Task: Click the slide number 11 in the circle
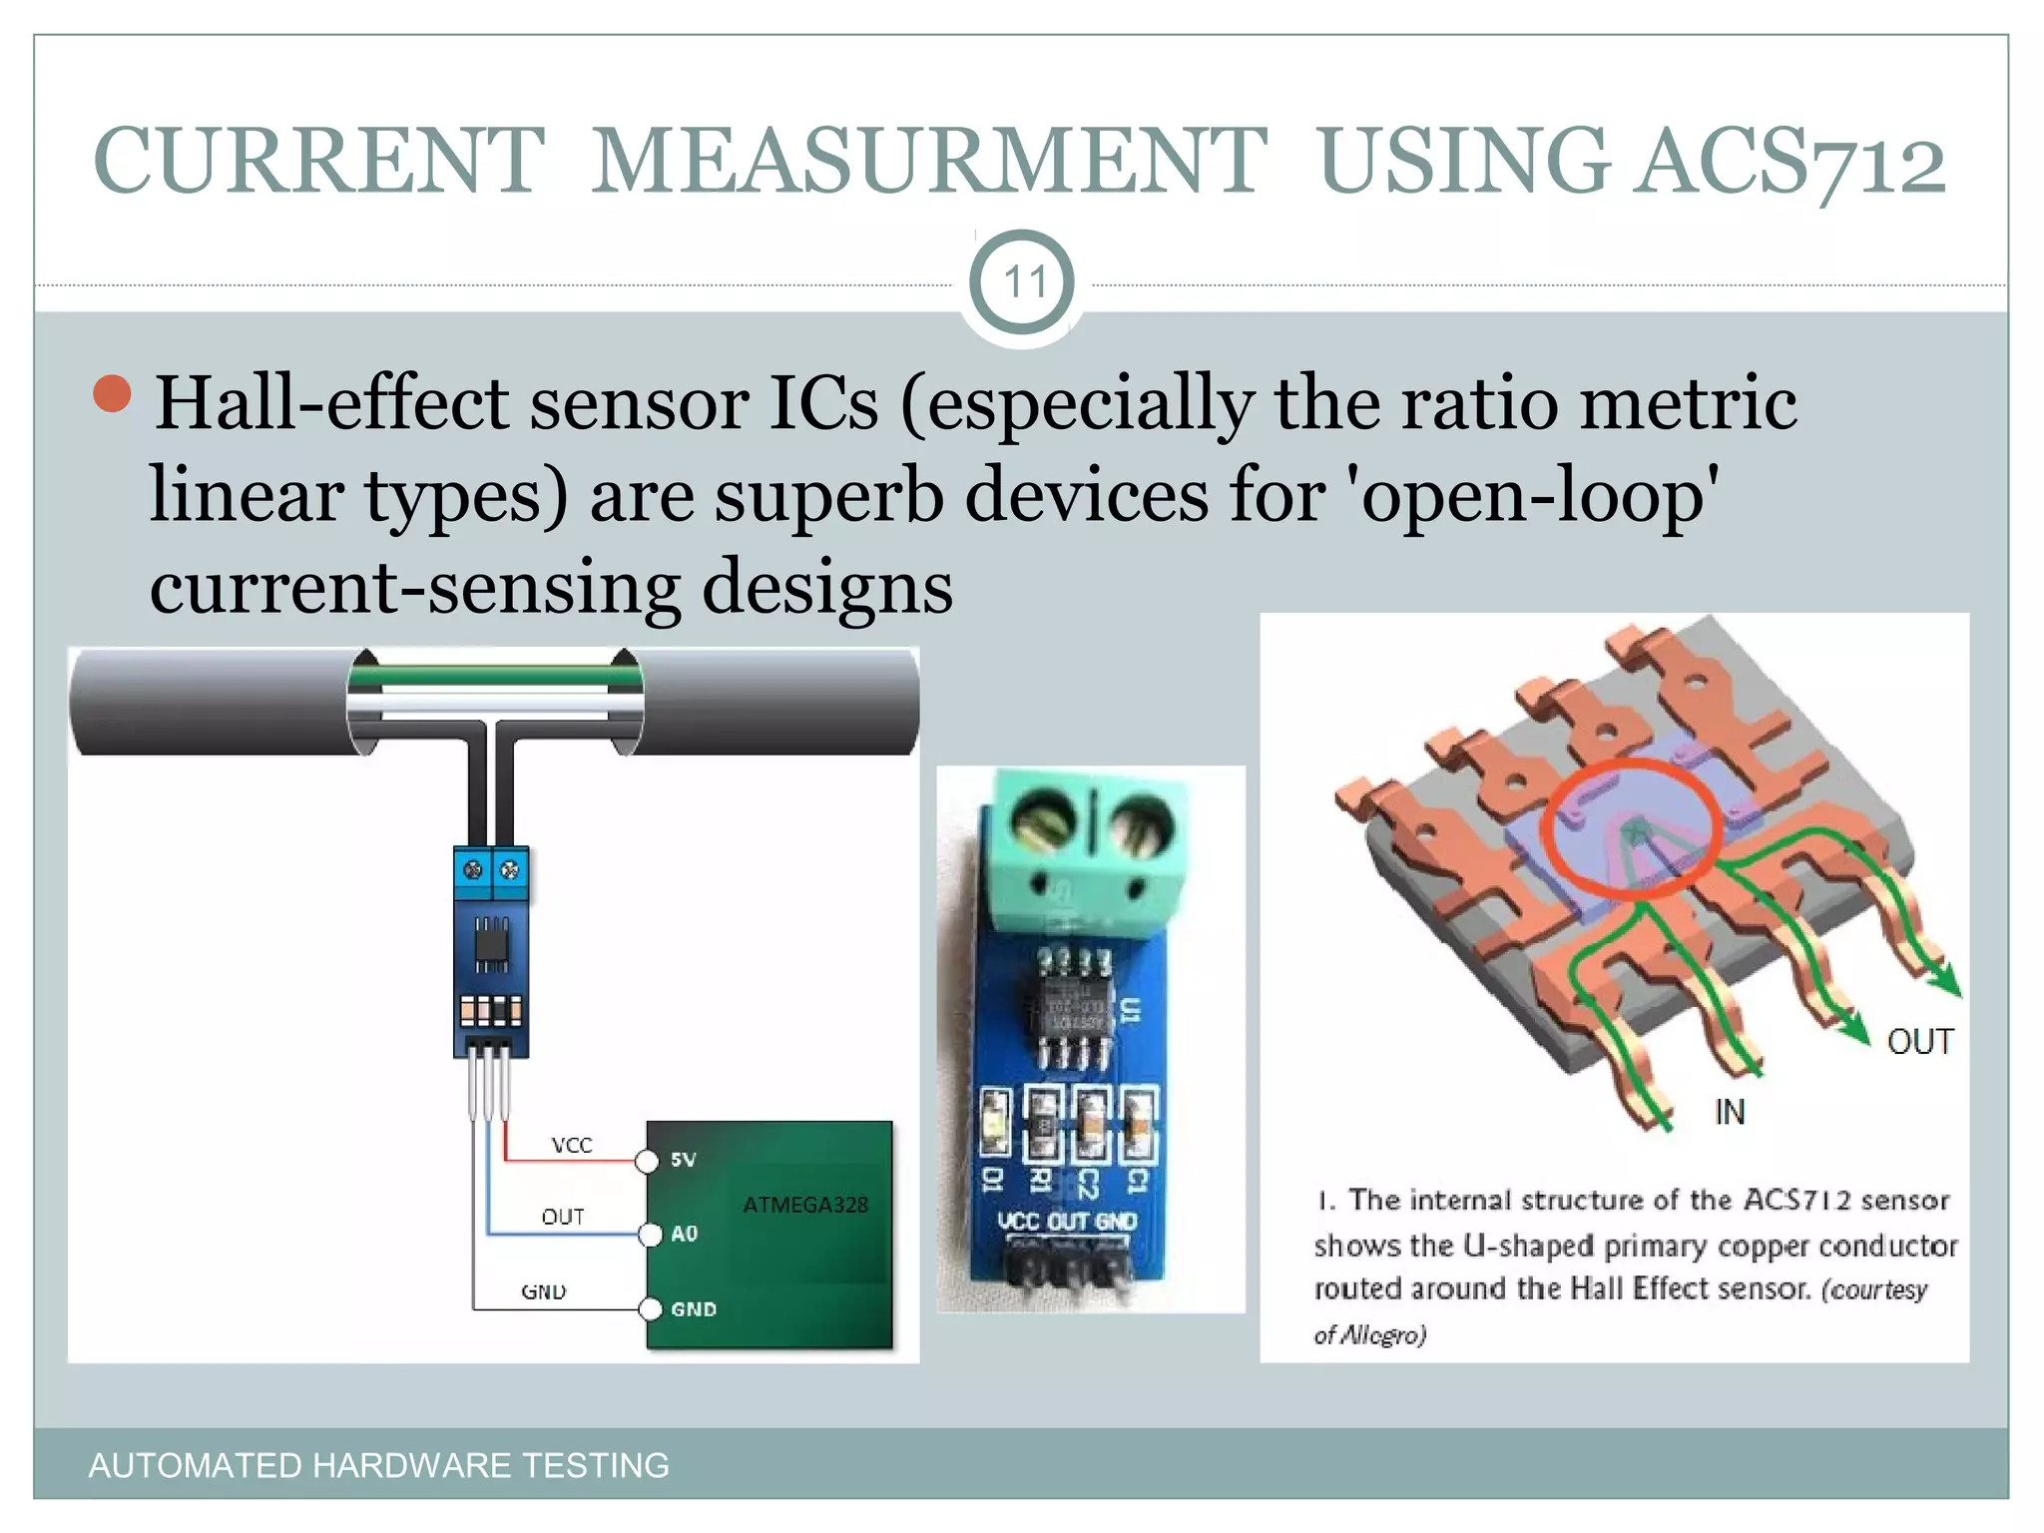pyautogui.click(x=1023, y=282)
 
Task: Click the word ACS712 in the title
pyautogui.click(x=1792, y=162)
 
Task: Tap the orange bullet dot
pyautogui.click(x=113, y=394)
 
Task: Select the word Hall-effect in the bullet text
pyautogui.click(x=330, y=403)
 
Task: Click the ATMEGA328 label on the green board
pyautogui.click(x=805, y=1205)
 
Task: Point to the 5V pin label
pyautogui.click(x=684, y=1160)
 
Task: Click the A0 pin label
pyautogui.click(x=685, y=1234)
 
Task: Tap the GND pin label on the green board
pyautogui.click(x=694, y=1308)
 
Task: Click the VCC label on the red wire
pyautogui.click(x=572, y=1145)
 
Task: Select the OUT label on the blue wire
pyautogui.click(x=563, y=1217)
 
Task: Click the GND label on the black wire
pyautogui.click(x=544, y=1291)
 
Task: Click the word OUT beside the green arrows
pyautogui.click(x=1919, y=1042)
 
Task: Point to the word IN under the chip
pyautogui.click(x=1730, y=1112)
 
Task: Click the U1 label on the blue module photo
pyautogui.click(x=1130, y=1010)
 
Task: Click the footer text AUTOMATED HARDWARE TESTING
pyautogui.click(x=378, y=1465)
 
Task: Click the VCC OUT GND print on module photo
pyautogui.click(x=1067, y=1221)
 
